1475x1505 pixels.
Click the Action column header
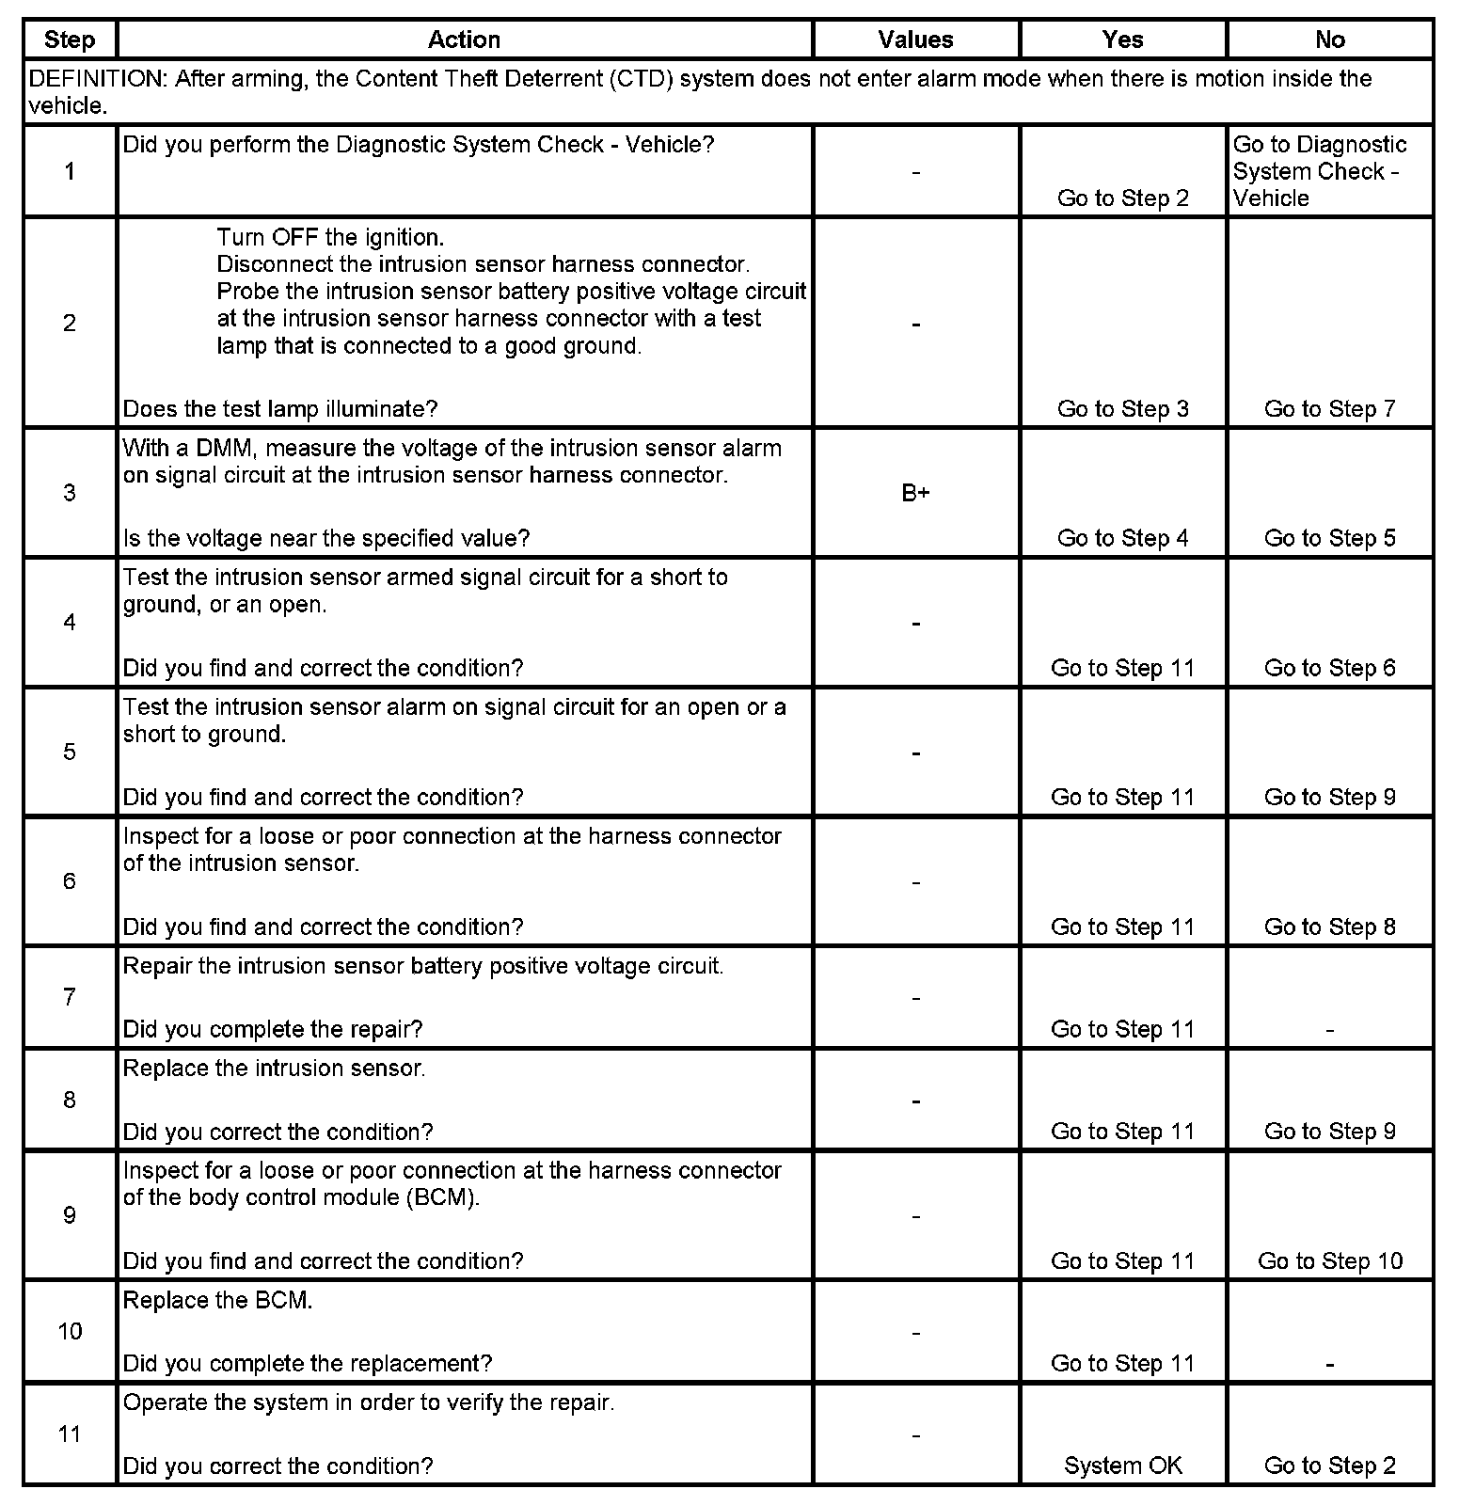[464, 40]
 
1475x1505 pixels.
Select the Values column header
[915, 40]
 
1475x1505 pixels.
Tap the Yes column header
[1122, 40]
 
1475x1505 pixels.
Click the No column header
[1329, 40]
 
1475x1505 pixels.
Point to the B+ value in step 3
[915, 493]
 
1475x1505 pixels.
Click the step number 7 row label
[70, 997]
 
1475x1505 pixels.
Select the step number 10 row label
[70, 1331]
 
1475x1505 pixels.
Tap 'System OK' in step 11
[1122, 1465]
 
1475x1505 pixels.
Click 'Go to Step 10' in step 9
[1329, 1260]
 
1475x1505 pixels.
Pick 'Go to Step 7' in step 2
[1329, 408]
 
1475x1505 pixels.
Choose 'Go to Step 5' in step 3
[1329, 538]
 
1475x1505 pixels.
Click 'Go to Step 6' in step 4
[1329, 668]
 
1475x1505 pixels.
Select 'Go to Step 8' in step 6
[1329, 927]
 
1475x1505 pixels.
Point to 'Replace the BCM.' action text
[217, 1300]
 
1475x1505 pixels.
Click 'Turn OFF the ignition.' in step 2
[330, 237]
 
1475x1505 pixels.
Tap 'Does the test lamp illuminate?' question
[280, 408]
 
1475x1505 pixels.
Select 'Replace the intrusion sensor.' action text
[274, 1069]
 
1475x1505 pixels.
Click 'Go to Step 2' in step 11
[1329, 1465]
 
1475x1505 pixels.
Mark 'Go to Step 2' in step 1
[1122, 198]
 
